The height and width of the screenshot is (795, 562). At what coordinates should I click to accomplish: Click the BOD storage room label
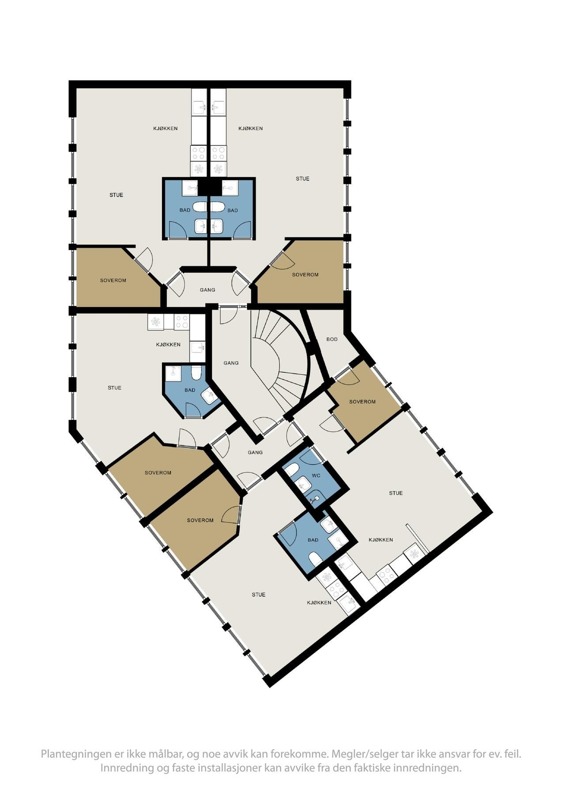(x=332, y=339)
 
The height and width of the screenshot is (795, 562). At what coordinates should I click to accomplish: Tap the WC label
(x=316, y=476)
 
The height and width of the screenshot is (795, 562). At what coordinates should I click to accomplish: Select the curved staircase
(x=280, y=353)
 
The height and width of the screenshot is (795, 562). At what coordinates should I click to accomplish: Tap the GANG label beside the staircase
(x=231, y=363)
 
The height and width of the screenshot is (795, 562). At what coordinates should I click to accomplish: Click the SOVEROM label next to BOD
(x=362, y=402)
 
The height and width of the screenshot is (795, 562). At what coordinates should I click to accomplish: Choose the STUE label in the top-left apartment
(x=117, y=195)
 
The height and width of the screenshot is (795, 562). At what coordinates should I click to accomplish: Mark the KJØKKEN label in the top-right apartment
(x=250, y=129)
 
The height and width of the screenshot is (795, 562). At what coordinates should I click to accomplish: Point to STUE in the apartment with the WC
(x=396, y=493)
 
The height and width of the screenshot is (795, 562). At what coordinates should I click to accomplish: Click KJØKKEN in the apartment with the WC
(x=381, y=540)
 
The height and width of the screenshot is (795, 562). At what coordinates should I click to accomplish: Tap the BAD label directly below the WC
(x=313, y=540)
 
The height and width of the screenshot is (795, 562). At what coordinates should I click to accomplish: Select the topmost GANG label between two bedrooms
(x=207, y=290)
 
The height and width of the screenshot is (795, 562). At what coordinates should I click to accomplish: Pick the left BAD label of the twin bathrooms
(x=185, y=210)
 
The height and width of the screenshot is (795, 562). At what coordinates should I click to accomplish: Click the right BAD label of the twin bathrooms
(x=233, y=210)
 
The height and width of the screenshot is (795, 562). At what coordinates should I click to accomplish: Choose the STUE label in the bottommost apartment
(x=259, y=595)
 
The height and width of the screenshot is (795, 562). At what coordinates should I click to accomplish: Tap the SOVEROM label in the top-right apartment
(x=305, y=275)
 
